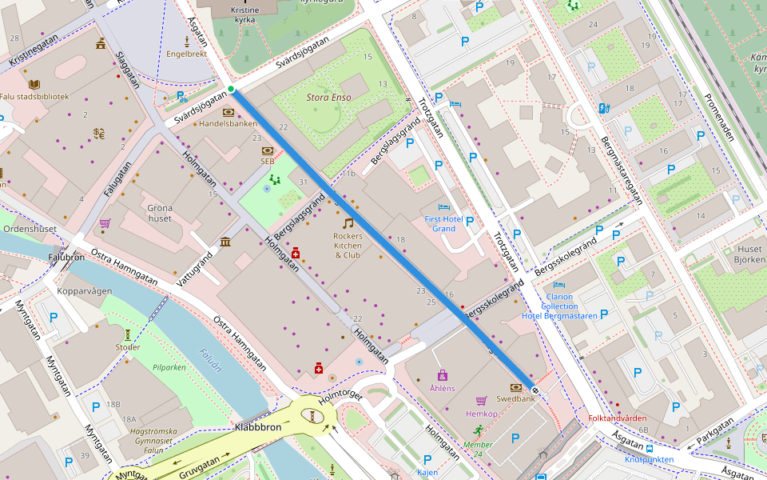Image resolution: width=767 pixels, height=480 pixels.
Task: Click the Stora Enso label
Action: (x=329, y=98)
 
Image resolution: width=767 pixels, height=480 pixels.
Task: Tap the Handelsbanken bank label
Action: (x=228, y=124)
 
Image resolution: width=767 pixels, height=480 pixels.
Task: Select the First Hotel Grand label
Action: (x=443, y=223)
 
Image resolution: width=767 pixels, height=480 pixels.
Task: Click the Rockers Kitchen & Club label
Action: (x=348, y=246)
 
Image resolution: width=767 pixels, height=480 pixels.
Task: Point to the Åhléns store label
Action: (x=442, y=388)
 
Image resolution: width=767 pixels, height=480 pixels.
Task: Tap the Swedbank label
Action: (x=515, y=398)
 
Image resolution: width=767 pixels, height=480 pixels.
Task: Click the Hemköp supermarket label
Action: (x=482, y=414)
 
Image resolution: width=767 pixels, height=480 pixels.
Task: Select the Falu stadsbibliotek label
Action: (x=34, y=97)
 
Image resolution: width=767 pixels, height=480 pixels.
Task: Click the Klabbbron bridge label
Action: (x=258, y=428)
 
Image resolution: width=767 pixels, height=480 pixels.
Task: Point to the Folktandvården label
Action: (x=618, y=418)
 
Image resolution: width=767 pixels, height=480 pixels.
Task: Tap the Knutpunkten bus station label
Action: (x=649, y=459)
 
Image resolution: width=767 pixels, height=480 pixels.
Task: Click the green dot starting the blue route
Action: (x=230, y=89)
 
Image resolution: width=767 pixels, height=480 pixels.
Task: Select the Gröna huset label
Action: (x=160, y=213)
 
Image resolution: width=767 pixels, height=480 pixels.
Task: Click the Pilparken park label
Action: (x=169, y=367)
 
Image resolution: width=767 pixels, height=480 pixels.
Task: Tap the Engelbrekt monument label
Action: (x=186, y=54)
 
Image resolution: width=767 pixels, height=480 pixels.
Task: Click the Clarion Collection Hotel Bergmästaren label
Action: (x=559, y=306)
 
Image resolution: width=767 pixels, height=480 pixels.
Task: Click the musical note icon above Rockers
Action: (x=348, y=223)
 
